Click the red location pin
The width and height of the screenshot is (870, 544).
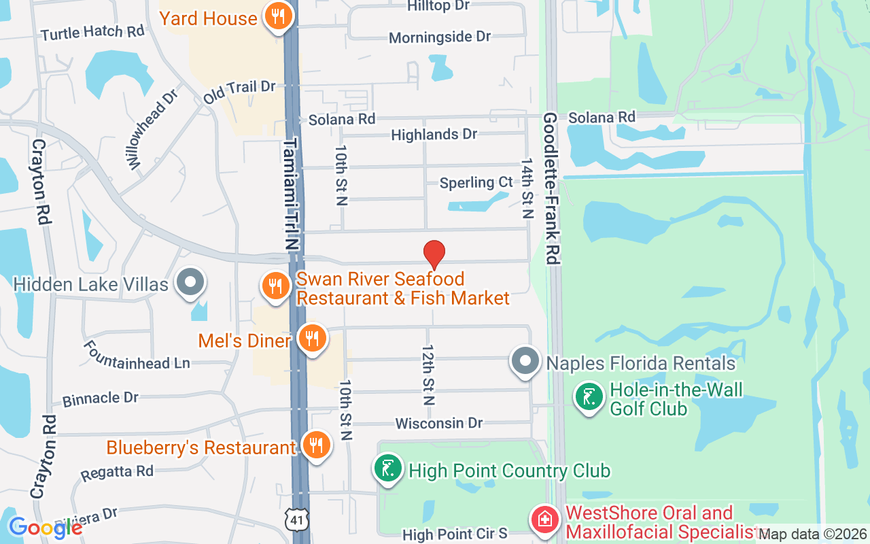click(434, 255)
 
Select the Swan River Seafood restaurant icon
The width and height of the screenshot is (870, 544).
click(275, 286)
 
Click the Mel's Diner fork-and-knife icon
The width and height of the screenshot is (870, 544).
click(312, 337)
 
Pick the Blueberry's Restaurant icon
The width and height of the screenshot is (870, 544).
click(315, 445)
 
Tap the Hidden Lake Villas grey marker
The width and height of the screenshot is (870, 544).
click(190, 282)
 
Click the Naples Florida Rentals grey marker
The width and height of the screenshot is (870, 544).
click(525, 361)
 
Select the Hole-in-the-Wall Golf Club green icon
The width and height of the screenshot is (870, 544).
click(589, 397)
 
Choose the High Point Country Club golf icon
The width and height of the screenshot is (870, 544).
click(387, 469)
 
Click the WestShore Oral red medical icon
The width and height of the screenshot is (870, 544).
click(545, 521)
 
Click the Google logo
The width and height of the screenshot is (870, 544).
click(45, 528)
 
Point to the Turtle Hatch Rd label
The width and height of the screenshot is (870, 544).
click(92, 33)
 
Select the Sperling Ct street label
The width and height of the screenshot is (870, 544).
click(476, 183)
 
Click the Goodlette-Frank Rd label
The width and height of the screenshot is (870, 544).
click(551, 188)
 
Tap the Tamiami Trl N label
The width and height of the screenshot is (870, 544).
click(292, 194)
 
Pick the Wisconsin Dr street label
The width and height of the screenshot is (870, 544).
click(439, 424)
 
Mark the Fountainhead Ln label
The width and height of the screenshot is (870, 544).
click(136, 356)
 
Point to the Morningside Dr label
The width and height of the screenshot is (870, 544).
click(440, 37)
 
